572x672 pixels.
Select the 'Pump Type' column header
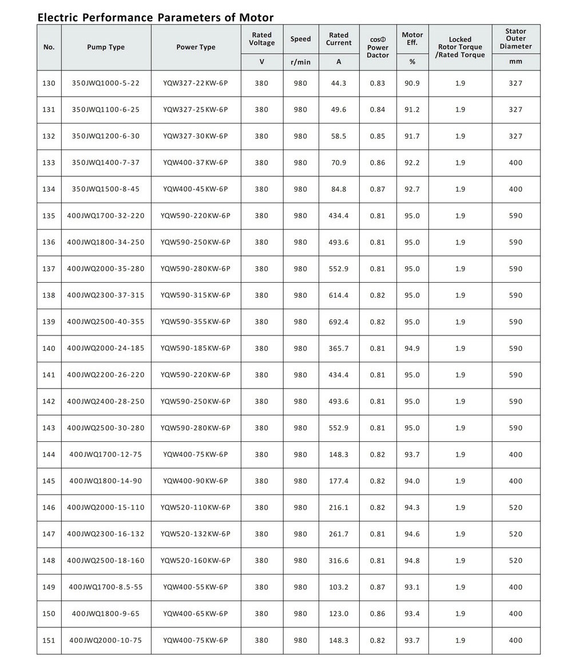coord(106,47)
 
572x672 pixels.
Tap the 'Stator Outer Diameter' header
coord(515,39)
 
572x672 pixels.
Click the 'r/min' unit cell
coord(300,62)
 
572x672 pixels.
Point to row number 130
coord(49,83)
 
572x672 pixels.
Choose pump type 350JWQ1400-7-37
coord(106,163)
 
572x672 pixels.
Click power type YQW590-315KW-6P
coord(196,295)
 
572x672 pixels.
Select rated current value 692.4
coord(339,322)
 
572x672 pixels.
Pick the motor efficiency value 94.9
coord(412,348)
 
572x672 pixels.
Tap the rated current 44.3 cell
coord(339,83)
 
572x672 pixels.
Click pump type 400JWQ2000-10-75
coord(106,641)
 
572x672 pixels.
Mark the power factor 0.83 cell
coord(378,83)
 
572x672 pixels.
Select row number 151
coord(49,641)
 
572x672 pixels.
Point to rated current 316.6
coord(339,560)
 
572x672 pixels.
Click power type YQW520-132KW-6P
coord(196,534)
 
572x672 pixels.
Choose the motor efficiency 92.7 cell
coord(412,189)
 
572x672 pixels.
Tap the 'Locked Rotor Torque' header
coord(460,47)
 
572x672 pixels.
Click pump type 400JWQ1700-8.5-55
coord(106,587)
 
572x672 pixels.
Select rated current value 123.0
coord(339,614)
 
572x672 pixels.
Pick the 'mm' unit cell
coord(515,62)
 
